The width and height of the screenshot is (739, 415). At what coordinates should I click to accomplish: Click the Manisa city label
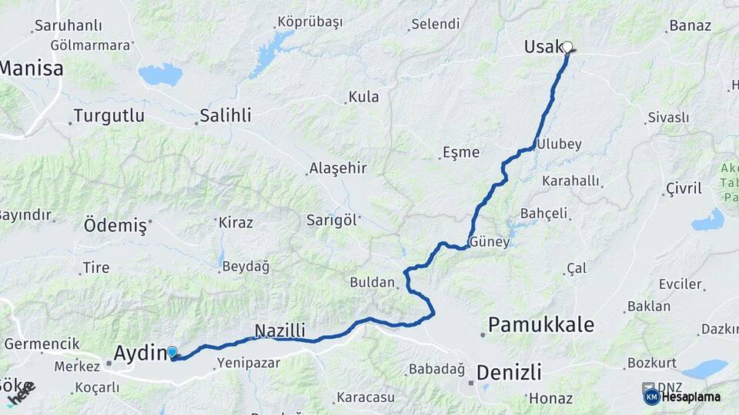pos(31,69)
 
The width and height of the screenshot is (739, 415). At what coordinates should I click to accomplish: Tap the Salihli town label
pos(225,116)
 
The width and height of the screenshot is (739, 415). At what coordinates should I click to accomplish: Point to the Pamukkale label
pos(541,324)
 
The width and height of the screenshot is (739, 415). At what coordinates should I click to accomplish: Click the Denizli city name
pos(509,373)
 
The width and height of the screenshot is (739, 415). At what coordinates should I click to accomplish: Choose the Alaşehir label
pos(337,168)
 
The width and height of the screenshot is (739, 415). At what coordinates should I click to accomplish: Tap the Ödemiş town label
pos(115,226)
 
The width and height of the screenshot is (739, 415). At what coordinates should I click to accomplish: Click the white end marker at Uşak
pos(567,47)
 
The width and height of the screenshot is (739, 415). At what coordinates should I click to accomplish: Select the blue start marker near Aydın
pos(172,352)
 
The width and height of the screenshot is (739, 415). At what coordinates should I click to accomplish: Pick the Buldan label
pos(372,282)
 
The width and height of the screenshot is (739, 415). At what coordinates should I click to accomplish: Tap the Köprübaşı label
pos(309,22)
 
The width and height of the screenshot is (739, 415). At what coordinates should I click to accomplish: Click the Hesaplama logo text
pos(691,397)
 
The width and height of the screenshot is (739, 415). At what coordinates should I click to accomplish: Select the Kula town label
pos(363,98)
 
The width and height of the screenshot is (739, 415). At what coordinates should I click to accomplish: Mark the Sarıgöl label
pos(332,221)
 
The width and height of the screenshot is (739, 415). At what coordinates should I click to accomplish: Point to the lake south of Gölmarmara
pos(160,75)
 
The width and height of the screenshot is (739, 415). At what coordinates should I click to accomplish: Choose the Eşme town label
pos(460,152)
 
